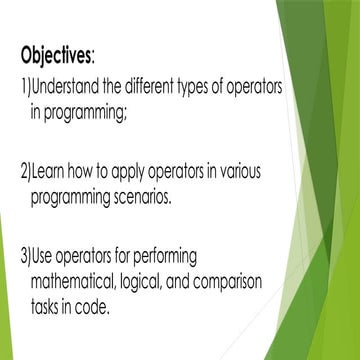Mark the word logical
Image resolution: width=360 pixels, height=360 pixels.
(148, 282)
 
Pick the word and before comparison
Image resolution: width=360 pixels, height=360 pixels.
(185, 281)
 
